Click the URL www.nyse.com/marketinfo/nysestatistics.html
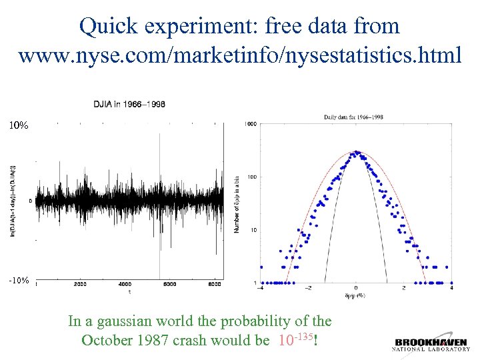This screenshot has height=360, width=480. coord(239,55)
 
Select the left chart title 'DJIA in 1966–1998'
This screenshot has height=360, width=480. coord(129,104)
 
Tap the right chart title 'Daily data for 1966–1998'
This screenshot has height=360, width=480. coord(353,117)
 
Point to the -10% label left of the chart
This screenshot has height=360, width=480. coord(18,281)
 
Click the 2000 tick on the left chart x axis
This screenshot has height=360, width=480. coord(79,285)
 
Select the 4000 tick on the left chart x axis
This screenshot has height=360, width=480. coord(125,285)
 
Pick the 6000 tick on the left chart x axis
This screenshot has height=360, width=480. coord(169,285)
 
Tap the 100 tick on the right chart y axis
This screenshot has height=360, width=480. coord(252,177)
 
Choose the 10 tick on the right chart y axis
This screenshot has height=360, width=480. coord(253,230)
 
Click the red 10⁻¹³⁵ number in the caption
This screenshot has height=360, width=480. coord(294,340)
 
